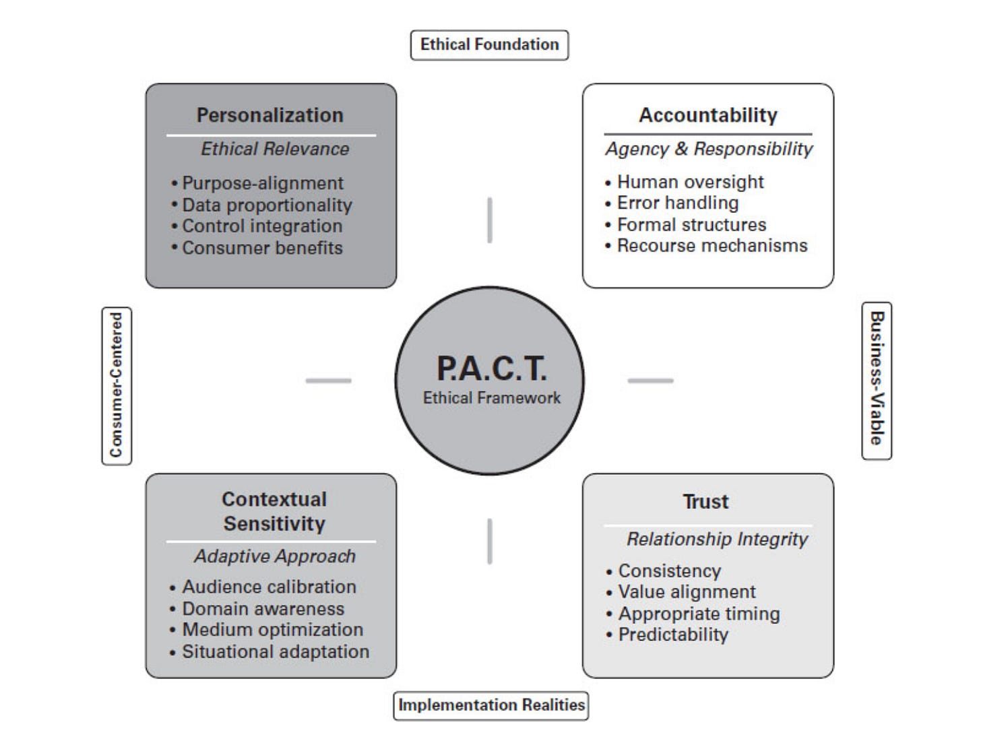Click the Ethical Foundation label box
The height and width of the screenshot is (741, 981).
click(489, 45)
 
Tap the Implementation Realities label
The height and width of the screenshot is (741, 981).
click(491, 705)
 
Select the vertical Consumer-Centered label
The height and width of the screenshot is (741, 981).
click(117, 385)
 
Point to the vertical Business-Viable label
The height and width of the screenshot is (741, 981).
click(877, 380)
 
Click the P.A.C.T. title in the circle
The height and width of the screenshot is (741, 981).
click(491, 368)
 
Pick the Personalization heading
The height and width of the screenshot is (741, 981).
click(270, 115)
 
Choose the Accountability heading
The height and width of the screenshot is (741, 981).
click(708, 115)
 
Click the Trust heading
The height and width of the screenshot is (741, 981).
click(705, 502)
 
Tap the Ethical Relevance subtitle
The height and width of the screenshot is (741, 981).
click(275, 149)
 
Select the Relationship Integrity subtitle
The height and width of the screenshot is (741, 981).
click(717, 539)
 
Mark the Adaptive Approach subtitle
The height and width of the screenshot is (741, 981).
click(275, 556)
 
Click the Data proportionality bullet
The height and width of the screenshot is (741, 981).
click(267, 205)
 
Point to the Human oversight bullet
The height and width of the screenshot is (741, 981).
click(690, 182)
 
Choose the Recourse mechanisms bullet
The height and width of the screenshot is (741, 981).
click(711, 246)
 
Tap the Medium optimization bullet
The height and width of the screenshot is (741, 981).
click(272, 630)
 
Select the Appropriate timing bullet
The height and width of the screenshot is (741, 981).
click(699, 614)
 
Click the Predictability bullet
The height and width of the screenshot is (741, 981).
click(673, 635)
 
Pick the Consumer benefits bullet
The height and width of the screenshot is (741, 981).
click(262, 248)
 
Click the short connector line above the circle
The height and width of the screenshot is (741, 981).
click(490, 220)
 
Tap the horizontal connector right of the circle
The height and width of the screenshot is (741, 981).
click(650, 381)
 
